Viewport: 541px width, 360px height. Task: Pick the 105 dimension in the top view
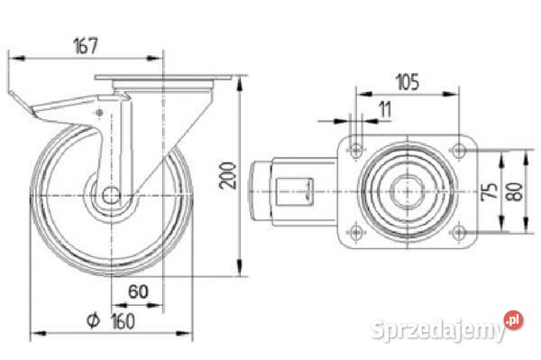click(x=405, y=82)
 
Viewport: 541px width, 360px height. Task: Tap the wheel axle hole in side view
click(x=110, y=195)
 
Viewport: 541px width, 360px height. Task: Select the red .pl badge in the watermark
click(x=515, y=319)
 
